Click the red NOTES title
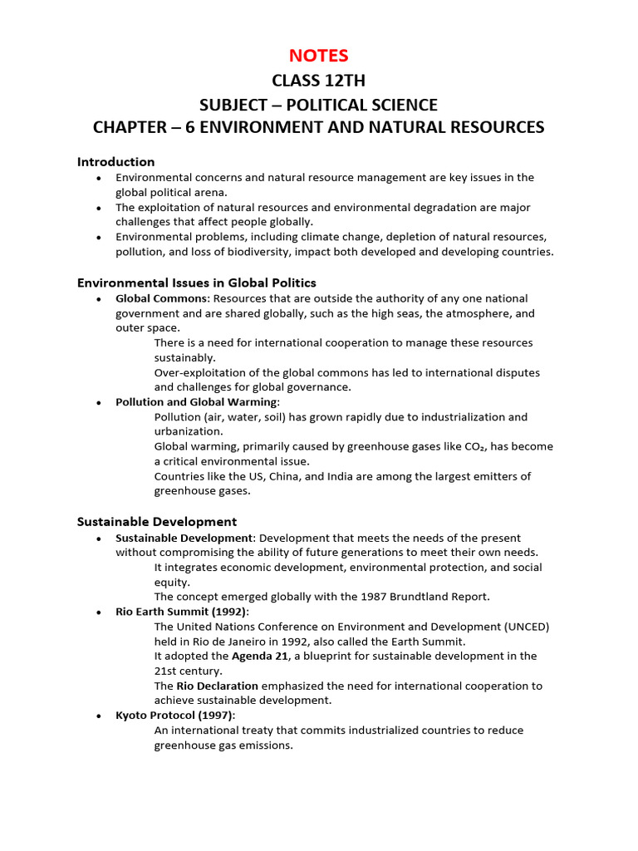tap(318, 56)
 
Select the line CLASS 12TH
tap(318, 81)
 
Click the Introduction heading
tap(116, 161)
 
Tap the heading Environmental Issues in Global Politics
tap(197, 283)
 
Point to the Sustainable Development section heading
tap(157, 521)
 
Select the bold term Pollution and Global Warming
tap(197, 402)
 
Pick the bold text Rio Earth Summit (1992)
tap(181, 612)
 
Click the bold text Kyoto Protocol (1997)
tap(174, 715)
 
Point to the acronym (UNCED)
tap(522, 627)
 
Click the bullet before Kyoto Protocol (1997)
tap(100, 716)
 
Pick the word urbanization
tap(187, 432)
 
